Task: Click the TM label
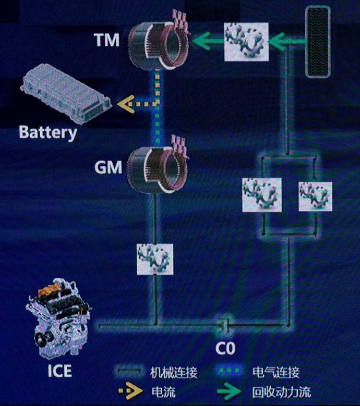[x=106, y=40]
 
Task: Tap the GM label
[x=108, y=167]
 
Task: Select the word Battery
[x=48, y=133]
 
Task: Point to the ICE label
[x=59, y=371]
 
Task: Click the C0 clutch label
[x=225, y=348]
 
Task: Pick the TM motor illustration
[x=159, y=41]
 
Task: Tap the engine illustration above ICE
[x=58, y=318]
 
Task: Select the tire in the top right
[x=318, y=42]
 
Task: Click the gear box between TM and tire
[x=246, y=42]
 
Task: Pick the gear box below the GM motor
[x=155, y=259]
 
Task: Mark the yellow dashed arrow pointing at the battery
[x=137, y=104]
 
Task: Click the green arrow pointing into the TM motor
[x=208, y=41]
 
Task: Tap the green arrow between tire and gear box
[x=286, y=41]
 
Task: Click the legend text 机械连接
[x=174, y=372]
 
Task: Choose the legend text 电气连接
[x=276, y=372]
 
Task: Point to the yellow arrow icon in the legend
[x=130, y=390]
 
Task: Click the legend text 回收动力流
[x=281, y=392]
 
